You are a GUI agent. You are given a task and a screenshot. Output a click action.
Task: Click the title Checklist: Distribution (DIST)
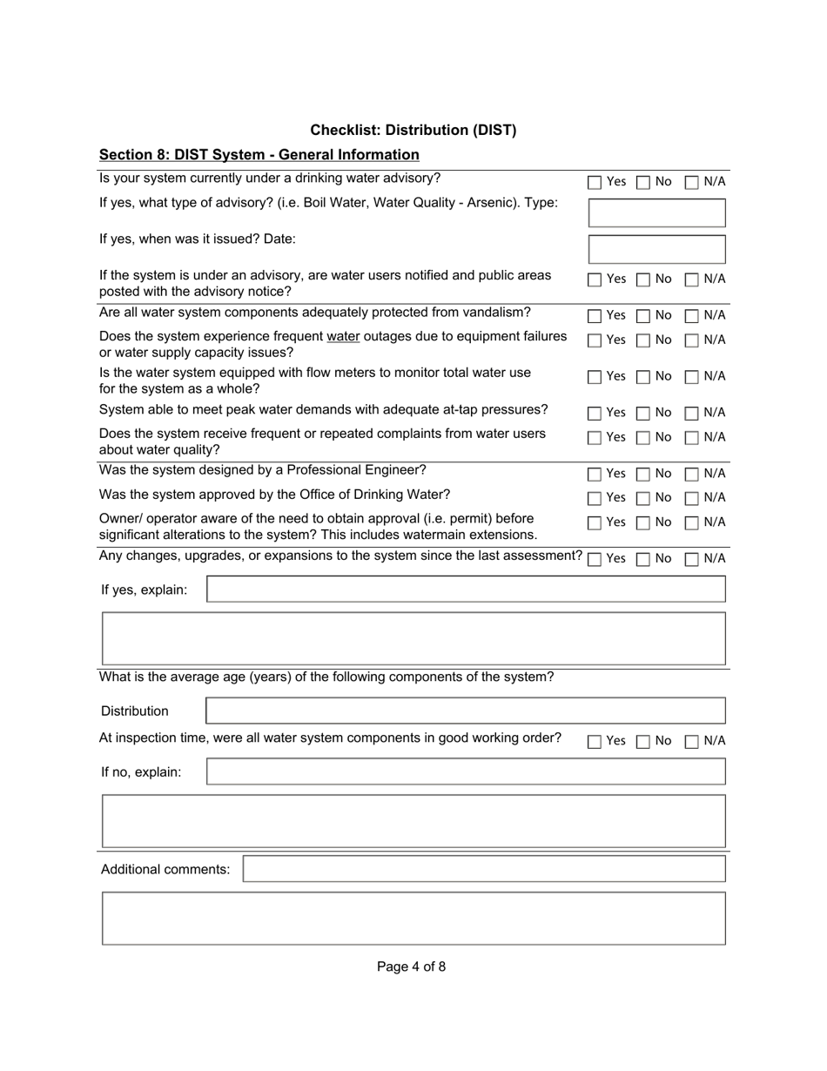coord(413,130)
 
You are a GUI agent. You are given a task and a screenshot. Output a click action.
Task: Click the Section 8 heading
coord(259,154)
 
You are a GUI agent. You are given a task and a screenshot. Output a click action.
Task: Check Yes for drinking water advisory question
coord(595,183)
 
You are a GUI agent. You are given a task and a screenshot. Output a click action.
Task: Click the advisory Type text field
coord(656,212)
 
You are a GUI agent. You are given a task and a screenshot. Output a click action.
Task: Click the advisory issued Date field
coord(656,249)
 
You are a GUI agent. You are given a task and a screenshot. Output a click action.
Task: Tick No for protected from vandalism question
coord(642,316)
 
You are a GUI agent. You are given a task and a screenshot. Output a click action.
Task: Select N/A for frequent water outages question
coord(691,340)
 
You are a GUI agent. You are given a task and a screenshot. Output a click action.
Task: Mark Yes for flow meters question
coord(595,378)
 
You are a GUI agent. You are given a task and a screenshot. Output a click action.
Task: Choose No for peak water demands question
coord(642,414)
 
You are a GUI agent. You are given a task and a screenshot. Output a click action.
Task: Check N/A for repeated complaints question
coord(691,438)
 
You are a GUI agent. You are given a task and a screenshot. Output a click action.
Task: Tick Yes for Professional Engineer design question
coord(595,475)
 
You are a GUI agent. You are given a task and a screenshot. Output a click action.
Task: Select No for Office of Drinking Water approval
coord(642,499)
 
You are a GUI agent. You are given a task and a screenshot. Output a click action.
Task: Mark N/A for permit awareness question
coord(691,523)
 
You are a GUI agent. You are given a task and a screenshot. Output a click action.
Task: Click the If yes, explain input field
coord(466,589)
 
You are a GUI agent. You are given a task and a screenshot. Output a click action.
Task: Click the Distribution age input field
coord(466,711)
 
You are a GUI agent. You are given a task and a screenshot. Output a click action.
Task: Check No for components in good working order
coord(642,742)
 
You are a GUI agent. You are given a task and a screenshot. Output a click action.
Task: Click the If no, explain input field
coord(466,771)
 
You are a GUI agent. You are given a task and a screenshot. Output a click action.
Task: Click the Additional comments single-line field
coord(483,869)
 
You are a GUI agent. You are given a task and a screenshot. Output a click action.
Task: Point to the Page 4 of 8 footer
coord(411,967)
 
